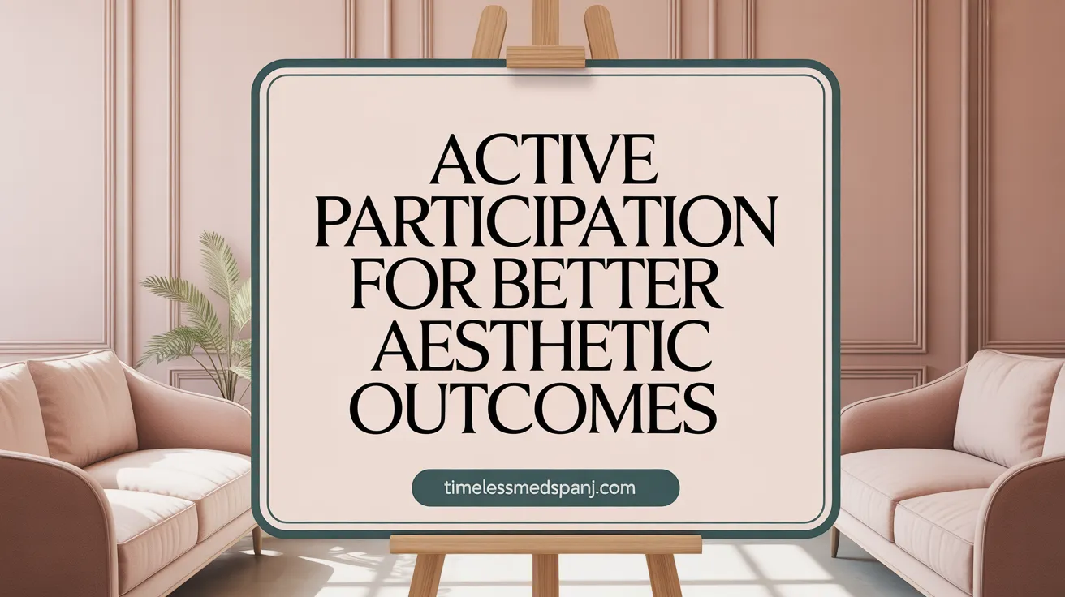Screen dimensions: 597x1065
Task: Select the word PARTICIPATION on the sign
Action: point(545,224)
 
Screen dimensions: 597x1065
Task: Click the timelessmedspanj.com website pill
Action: point(545,489)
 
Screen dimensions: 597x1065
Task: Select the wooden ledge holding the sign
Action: point(545,543)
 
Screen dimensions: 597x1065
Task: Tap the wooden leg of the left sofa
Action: point(257,539)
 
